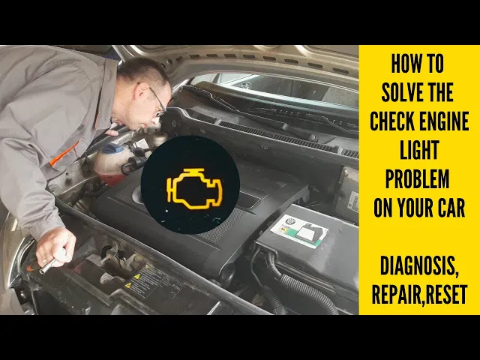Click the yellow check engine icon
point(194,188)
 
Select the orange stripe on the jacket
point(64,154)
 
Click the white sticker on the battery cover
point(298,231)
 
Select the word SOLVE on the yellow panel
point(400,92)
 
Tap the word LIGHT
point(419,150)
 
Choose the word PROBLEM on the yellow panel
point(417,178)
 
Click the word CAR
point(452,208)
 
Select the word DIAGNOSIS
point(419,266)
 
